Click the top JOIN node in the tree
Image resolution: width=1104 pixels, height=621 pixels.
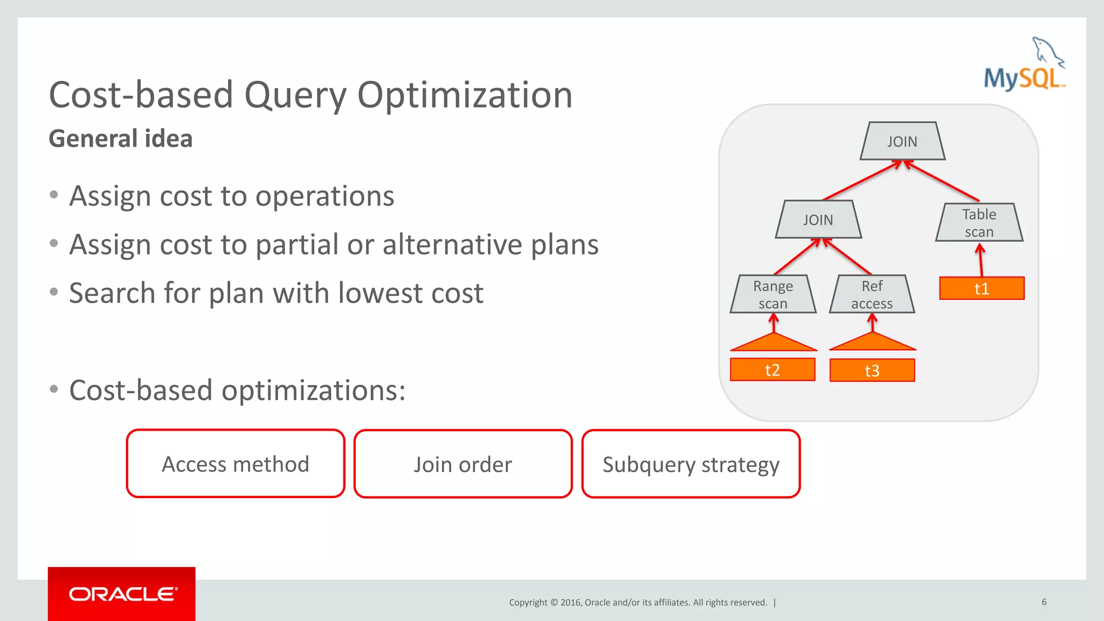coord(902,141)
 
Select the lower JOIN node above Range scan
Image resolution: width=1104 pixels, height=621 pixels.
coord(818,219)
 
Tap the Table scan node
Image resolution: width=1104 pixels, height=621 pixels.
coord(979,223)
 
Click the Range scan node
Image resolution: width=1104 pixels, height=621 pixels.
coord(773,294)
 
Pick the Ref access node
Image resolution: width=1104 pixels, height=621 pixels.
coord(872,294)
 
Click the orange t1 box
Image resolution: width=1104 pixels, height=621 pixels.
coord(982,288)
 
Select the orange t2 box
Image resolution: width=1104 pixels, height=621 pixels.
coord(772,370)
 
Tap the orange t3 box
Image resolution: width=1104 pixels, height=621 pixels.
coord(872,370)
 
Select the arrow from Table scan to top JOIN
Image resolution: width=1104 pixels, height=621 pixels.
coord(942,181)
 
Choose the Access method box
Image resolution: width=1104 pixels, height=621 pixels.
coord(236,464)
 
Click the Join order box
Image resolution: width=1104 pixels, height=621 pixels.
coord(463,464)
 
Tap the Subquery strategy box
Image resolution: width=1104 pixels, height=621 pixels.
coord(691,464)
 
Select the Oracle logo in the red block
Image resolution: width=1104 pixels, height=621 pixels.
coord(122,594)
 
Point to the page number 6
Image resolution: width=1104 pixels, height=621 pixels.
coord(1044,602)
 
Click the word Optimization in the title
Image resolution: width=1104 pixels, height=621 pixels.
coord(465,95)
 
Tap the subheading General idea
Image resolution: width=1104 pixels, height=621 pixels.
coord(121,139)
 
